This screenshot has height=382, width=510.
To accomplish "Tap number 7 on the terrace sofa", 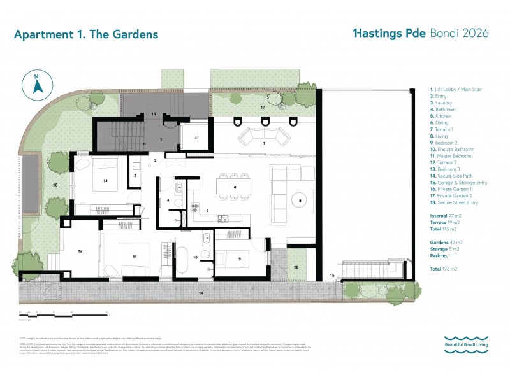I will click(x=264, y=143).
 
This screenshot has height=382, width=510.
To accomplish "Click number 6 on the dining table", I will click(x=235, y=187).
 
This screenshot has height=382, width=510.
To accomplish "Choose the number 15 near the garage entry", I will click(x=332, y=274).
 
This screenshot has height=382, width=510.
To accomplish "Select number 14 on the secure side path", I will click(x=200, y=294).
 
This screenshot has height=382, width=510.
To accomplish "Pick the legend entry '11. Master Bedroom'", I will click(x=452, y=156).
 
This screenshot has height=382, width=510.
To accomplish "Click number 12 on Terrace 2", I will click(x=80, y=251).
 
